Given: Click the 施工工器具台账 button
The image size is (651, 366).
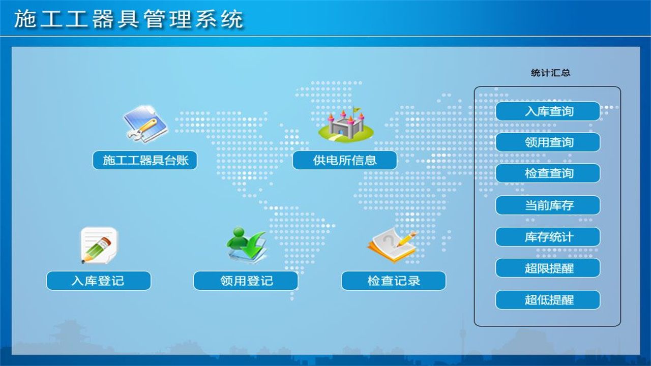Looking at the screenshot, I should pyautogui.click(x=145, y=161).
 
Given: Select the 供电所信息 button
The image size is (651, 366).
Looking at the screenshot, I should pyautogui.click(x=344, y=161).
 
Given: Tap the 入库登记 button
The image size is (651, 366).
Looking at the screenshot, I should pyautogui.click(x=99, y=281).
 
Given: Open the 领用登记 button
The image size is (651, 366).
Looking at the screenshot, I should pyautogui.click(x=246, y=281).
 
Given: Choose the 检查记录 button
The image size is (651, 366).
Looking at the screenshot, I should pyautogui.click(x=393, y=281).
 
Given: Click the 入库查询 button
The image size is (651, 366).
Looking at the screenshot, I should pyautogui.click(x=548, y=111).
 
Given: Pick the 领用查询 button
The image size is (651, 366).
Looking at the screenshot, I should pyautogui.click(x=548, y=142).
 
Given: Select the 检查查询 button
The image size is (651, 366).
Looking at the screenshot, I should pyautogui.click(x=548, y=173).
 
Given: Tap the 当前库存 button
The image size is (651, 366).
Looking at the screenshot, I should pyautogui.click(x=548, y=205).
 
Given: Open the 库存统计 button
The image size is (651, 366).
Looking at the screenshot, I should pyautogui.click(x=548, y=237).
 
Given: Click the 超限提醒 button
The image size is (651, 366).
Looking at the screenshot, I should pyautogui.click(x=548, y=268).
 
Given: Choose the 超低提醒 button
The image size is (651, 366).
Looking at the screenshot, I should pyautogui.click(x=548, y=300).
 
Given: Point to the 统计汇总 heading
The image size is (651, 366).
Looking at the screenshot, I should pyautogui.click(x=550, y=73).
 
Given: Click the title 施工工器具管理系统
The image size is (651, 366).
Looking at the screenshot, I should pyautogui.click(x=129, y=19).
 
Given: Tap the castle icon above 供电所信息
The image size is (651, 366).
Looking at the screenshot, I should pyautogui.click(x=346, y=126).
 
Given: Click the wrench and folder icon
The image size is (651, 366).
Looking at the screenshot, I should pyautogui.click(x=145, y=123).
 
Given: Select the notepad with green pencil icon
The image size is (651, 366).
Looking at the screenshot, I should pyautogui.click(x=99, y=246).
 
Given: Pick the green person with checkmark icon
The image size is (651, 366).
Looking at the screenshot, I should pyautogui.click(x=246, y=245).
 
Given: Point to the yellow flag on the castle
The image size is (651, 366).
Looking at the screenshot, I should pyautogui.click(x=357, y=109).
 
